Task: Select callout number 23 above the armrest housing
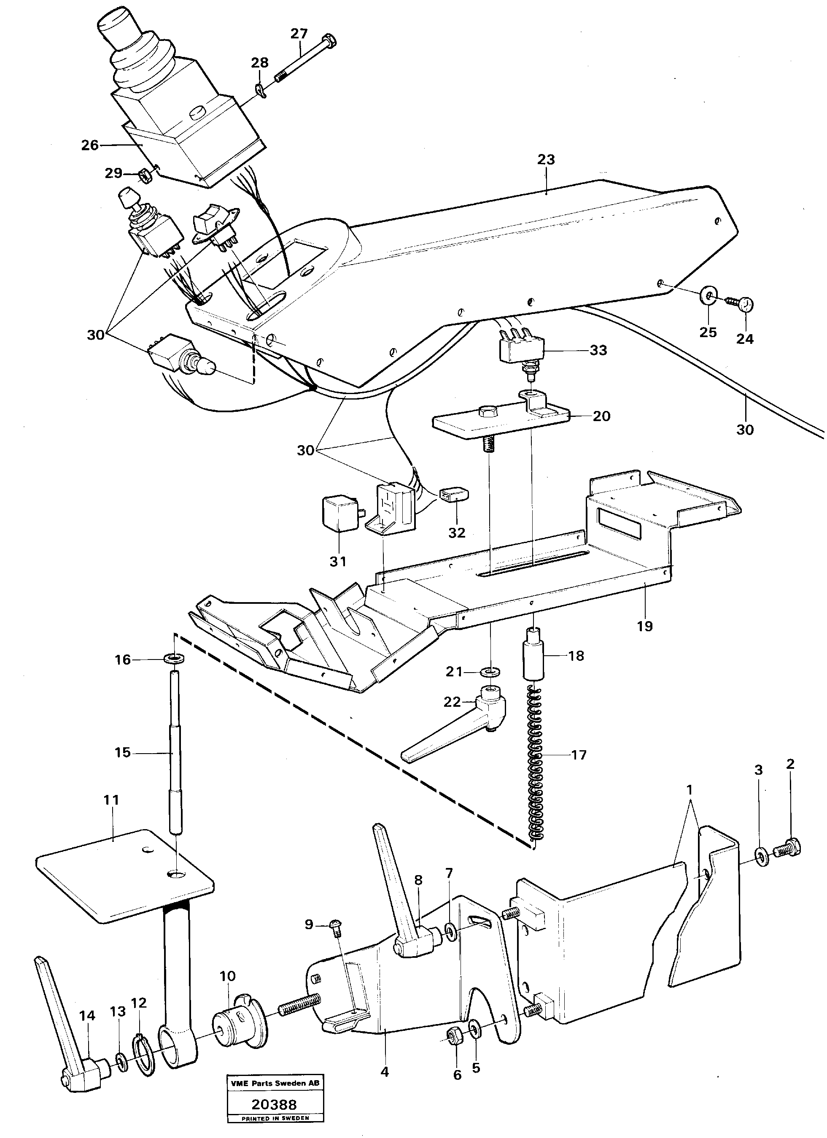click(x=546, y=159)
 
